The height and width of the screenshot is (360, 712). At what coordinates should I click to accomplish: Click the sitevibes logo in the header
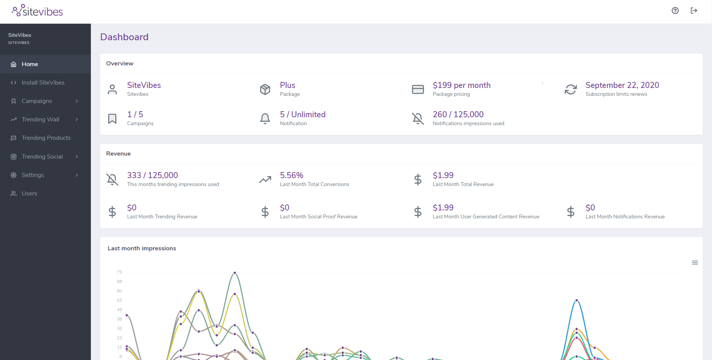click(37, 11)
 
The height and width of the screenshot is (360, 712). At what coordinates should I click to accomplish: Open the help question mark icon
click(675, 11)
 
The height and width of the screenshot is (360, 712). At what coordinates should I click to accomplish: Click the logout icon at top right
click(694, 11)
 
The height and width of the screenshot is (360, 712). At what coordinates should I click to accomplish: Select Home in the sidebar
click(30, 64)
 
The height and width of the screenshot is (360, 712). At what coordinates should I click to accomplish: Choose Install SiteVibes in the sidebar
click(43, 83)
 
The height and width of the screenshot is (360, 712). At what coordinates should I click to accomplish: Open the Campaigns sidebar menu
click(37, 101)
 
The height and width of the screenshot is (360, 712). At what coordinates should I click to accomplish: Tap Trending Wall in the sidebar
click(40, 119)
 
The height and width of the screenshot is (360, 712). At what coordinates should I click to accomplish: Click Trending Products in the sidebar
click(46, 138)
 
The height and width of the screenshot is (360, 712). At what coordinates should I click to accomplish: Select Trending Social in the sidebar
click(42, 157)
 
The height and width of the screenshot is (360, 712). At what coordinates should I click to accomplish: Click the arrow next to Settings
click(77, 175)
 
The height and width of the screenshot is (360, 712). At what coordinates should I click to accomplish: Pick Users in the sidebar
click(29, 194)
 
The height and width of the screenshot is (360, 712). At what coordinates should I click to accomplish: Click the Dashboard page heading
click(124, 37)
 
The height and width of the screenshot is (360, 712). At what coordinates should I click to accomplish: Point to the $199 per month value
click(462, 85)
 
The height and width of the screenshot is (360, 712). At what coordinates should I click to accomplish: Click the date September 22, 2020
click(622, 85)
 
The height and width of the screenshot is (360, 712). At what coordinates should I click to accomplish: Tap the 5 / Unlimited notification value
click(303, 115)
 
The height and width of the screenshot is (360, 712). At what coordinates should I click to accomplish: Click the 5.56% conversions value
click(291, 175)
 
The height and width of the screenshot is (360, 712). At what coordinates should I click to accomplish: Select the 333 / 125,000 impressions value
click(152, 175)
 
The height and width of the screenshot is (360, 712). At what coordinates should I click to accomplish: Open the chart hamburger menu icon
click(695, 263)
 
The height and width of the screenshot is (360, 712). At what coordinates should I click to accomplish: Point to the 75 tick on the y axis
click(119, 272)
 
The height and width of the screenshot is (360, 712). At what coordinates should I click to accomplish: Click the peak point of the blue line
click(576, 300)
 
